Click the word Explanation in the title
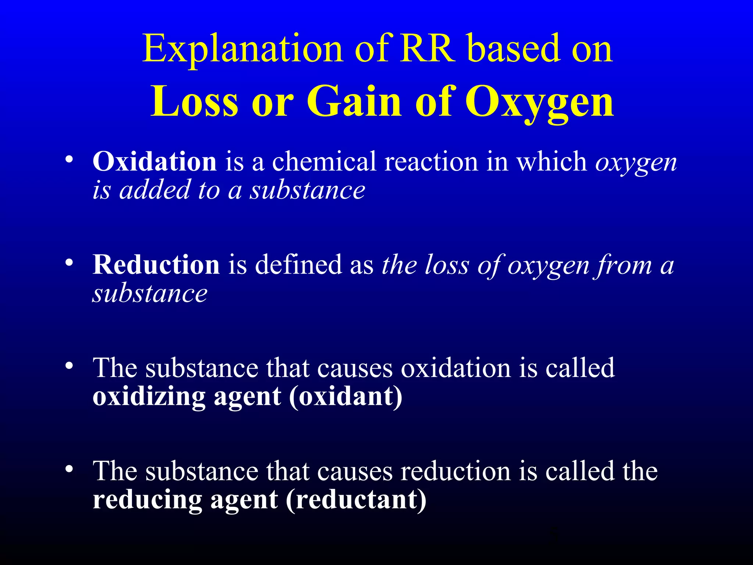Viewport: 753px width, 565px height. (x=243, y=49)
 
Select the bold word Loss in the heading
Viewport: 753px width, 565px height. (x=195, y=102)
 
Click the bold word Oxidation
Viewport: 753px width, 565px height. (x=154, y=162)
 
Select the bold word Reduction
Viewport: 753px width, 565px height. (x=156, y=265)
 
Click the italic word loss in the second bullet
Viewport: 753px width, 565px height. (x=447, y=265)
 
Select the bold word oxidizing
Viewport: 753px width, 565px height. (x=149, y=397)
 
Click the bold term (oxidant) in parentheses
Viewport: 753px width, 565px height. (x=346, y=397)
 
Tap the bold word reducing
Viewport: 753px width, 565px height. (x=147, y=500)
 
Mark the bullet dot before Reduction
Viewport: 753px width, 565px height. (x=69, y=263)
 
